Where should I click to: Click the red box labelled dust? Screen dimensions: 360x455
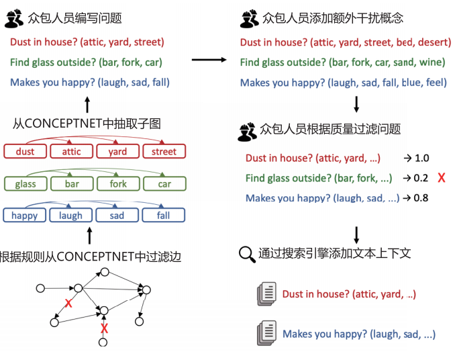(x=25, y=152)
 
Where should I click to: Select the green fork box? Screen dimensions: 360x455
(x=118, y=183)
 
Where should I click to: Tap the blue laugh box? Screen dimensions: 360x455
(x=70, y=216)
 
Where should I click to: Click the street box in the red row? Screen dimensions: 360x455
(x=164, y=152)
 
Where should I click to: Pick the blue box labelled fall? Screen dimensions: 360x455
(x=164, y=216)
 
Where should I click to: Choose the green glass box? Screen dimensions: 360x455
(x=25, y=183)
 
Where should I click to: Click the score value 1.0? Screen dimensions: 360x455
(x=421, y=159)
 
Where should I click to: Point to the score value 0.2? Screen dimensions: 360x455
(x=421, y=178)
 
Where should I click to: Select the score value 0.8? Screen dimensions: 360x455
(x=421, y=197)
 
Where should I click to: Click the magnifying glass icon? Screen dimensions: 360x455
(x=247, y=254)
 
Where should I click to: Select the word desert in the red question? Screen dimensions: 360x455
(x=434, y=42)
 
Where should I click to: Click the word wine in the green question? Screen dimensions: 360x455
(x=433, y=62)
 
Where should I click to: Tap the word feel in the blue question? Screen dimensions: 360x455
(x=436, y=83)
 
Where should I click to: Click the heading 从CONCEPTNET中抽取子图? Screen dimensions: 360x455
(x=87, y=124)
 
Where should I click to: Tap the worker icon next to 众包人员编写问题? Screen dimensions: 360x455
(x=14, y=18)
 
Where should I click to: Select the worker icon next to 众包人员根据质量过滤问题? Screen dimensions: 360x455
(x=248, y=130)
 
